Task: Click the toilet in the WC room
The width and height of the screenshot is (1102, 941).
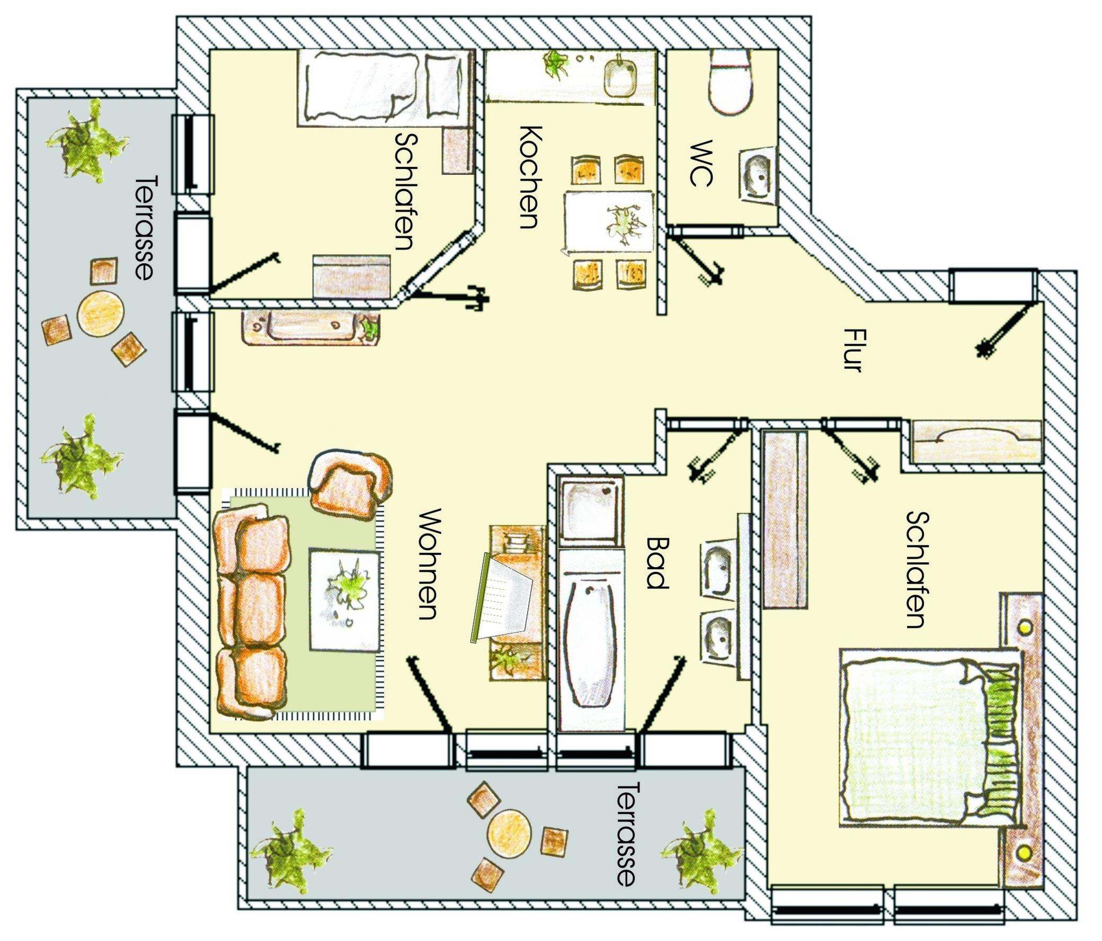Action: pos(731,82)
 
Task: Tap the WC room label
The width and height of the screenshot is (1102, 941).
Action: pos(700,164)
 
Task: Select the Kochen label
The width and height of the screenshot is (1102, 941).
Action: pos(530,177)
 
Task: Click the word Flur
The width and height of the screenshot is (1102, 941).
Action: pos(852,351)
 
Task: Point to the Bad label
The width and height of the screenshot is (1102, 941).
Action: pos(657,563)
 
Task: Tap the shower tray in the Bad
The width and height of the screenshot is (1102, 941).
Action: pos(590,510)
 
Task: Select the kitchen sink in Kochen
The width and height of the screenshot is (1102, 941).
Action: pos(621,79)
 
